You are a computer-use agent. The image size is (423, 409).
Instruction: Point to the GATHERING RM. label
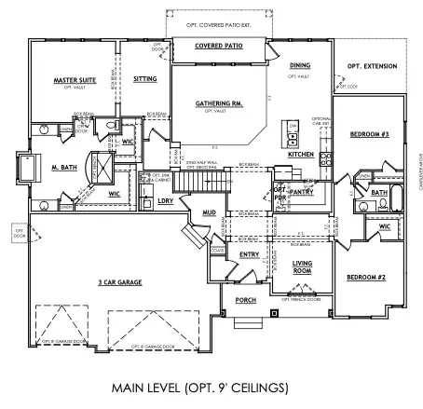click(x=219, y=103)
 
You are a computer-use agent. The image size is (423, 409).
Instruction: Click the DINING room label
click(x=300, y=65)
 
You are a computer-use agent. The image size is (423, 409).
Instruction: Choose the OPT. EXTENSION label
click(x=372, y=66)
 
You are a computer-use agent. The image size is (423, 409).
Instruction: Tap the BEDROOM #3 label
click(x=369, y=135)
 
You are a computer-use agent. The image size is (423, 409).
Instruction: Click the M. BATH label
click(x=62, y=168)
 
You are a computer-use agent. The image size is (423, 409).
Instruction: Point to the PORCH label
click(x=245, y=301)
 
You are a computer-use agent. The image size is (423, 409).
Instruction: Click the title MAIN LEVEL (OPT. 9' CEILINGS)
click(x=211, y=387)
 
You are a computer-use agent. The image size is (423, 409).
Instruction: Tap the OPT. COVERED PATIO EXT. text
click(x=219, y=12)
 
